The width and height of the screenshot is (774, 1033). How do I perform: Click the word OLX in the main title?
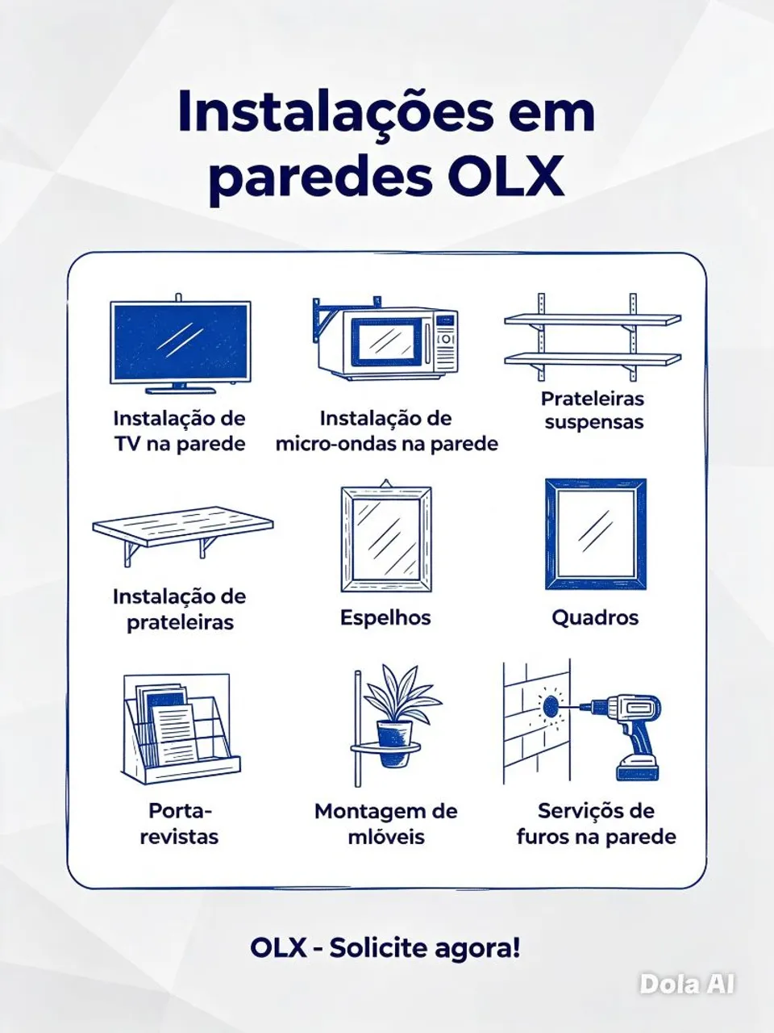pos(506,177)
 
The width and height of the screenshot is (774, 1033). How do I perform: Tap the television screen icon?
pos(181,344)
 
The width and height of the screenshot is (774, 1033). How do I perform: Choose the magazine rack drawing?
pos(181,729)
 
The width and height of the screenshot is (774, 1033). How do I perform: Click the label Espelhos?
pos(385,617)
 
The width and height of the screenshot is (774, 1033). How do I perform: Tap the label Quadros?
pos(595,617)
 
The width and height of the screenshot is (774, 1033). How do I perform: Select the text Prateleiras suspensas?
pos(593,411)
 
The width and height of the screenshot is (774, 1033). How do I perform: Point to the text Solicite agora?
pos(425,947)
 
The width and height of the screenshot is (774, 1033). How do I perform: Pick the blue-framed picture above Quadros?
pos(596,534)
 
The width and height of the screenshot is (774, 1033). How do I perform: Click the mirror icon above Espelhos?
pos(386,536)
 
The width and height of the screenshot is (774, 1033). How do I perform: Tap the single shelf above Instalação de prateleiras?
pos(183,534)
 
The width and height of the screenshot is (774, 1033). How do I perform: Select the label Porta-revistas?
pos(180,824)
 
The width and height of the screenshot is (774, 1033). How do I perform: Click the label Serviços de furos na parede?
pos(597,824)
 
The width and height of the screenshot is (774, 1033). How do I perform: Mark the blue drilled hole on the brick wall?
pos(551,705)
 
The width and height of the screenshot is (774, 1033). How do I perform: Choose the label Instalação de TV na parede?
pos(180,431)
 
